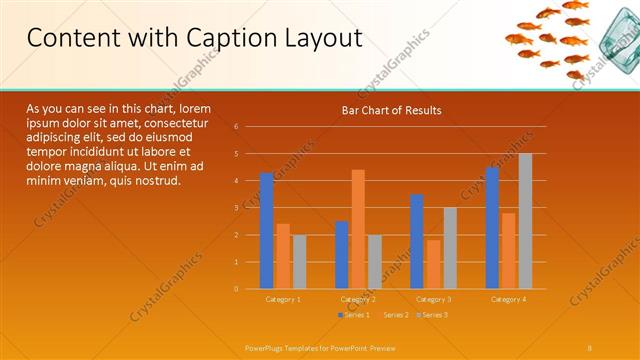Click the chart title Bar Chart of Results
tap(391, 110)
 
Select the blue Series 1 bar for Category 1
tap(266, 231)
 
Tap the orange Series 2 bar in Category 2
tap(358, 229)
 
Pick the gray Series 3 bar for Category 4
tap(525, 221)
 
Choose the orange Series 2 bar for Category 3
tap(433, 264)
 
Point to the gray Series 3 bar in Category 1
tap(300, 261)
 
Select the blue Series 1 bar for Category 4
tap(492, 228)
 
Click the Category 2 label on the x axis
tap(358, 299)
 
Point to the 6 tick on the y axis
tap(236, 127)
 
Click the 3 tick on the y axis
tap(236, 208)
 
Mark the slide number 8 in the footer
tap(590, 346)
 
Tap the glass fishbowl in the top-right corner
tap(612, 45)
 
